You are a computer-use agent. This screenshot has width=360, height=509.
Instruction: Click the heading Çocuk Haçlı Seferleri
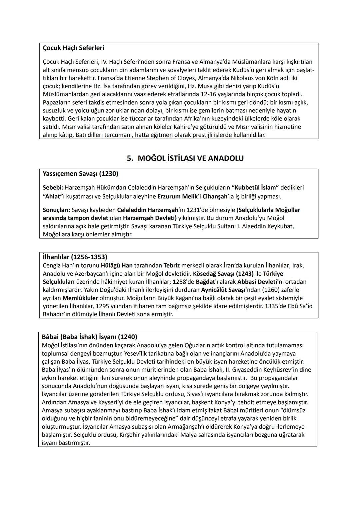tap(73, 48)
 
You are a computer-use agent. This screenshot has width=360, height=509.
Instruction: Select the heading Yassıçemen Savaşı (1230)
tap(80, 174)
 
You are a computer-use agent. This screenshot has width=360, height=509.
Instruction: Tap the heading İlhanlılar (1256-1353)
tap(75, 257)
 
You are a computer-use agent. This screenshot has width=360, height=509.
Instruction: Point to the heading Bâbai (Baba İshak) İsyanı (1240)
tap(89, 337)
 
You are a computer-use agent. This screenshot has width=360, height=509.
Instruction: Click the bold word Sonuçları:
tap(56, 210)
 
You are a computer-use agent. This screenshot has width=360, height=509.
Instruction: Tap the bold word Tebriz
tap(172, 266)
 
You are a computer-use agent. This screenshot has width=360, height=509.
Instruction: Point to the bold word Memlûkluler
tap(80, 298)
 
